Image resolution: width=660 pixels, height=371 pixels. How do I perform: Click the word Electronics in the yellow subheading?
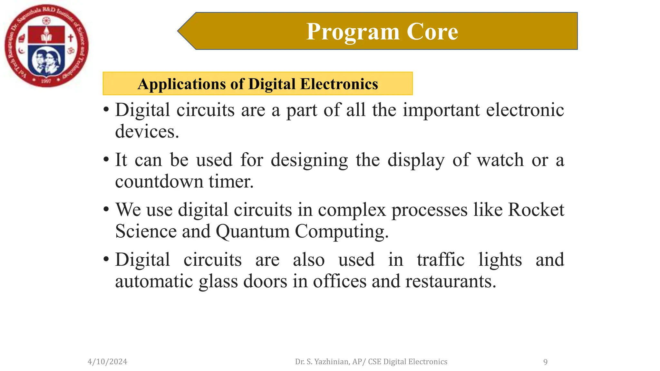pos(339,84)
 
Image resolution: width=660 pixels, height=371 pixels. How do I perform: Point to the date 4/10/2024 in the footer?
pos(107,362)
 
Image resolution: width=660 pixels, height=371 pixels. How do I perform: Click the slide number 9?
pos(545,362)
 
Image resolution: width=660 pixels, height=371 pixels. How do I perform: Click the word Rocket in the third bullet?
pos(536,210)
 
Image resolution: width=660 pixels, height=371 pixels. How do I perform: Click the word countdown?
pos(159,181)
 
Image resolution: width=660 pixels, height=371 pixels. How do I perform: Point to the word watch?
pos(500,160)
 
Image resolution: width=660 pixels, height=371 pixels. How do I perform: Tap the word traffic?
pos(441,260)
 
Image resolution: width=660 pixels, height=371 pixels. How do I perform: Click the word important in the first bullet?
pos(441,110)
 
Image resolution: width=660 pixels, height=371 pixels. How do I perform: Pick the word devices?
pos(147,131)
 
